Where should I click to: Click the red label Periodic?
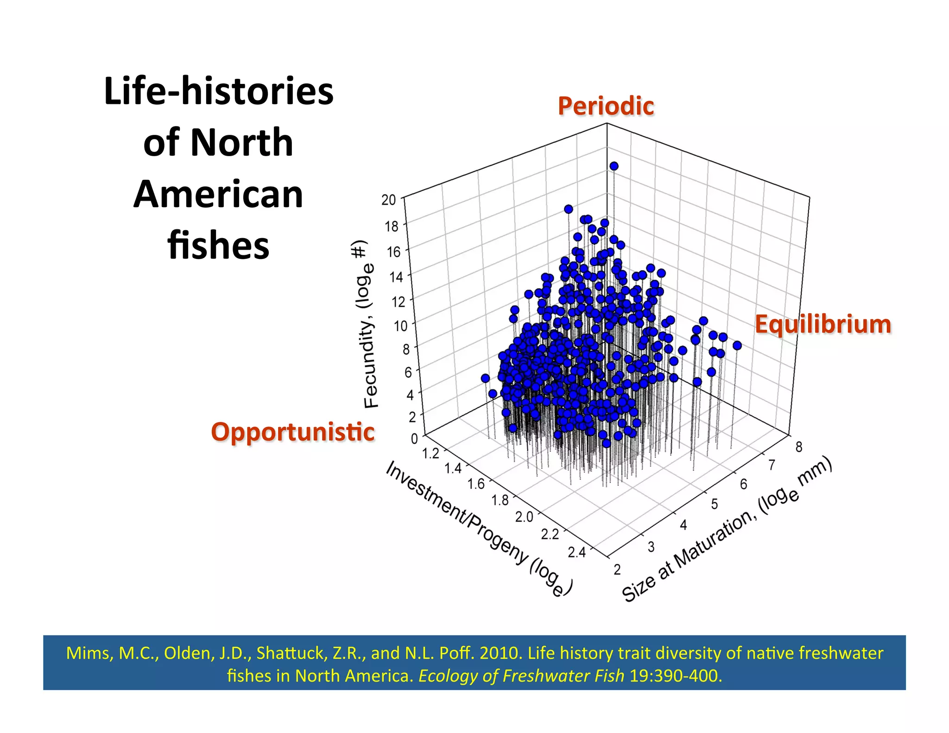coord(606,106)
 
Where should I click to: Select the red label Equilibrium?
coord(823,324)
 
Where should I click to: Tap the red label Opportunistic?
coord(292,432)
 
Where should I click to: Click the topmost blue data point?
coord(614,166)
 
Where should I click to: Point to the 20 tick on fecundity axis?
coord(389,200)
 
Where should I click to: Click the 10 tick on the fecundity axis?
coord(400,326)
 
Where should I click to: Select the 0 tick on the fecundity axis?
coord(414,438)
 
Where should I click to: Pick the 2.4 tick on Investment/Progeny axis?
coord(577,552)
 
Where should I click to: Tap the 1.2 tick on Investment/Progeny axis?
coord(430,453)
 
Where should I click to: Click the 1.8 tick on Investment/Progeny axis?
coord(500,500)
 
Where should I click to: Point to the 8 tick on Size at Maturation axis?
coord(799,447)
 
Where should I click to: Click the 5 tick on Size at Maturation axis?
coord(714,504)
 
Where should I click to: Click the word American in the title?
coord(218,195)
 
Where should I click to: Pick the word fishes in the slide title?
coord(218,246)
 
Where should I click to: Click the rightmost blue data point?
coord(737,346)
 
